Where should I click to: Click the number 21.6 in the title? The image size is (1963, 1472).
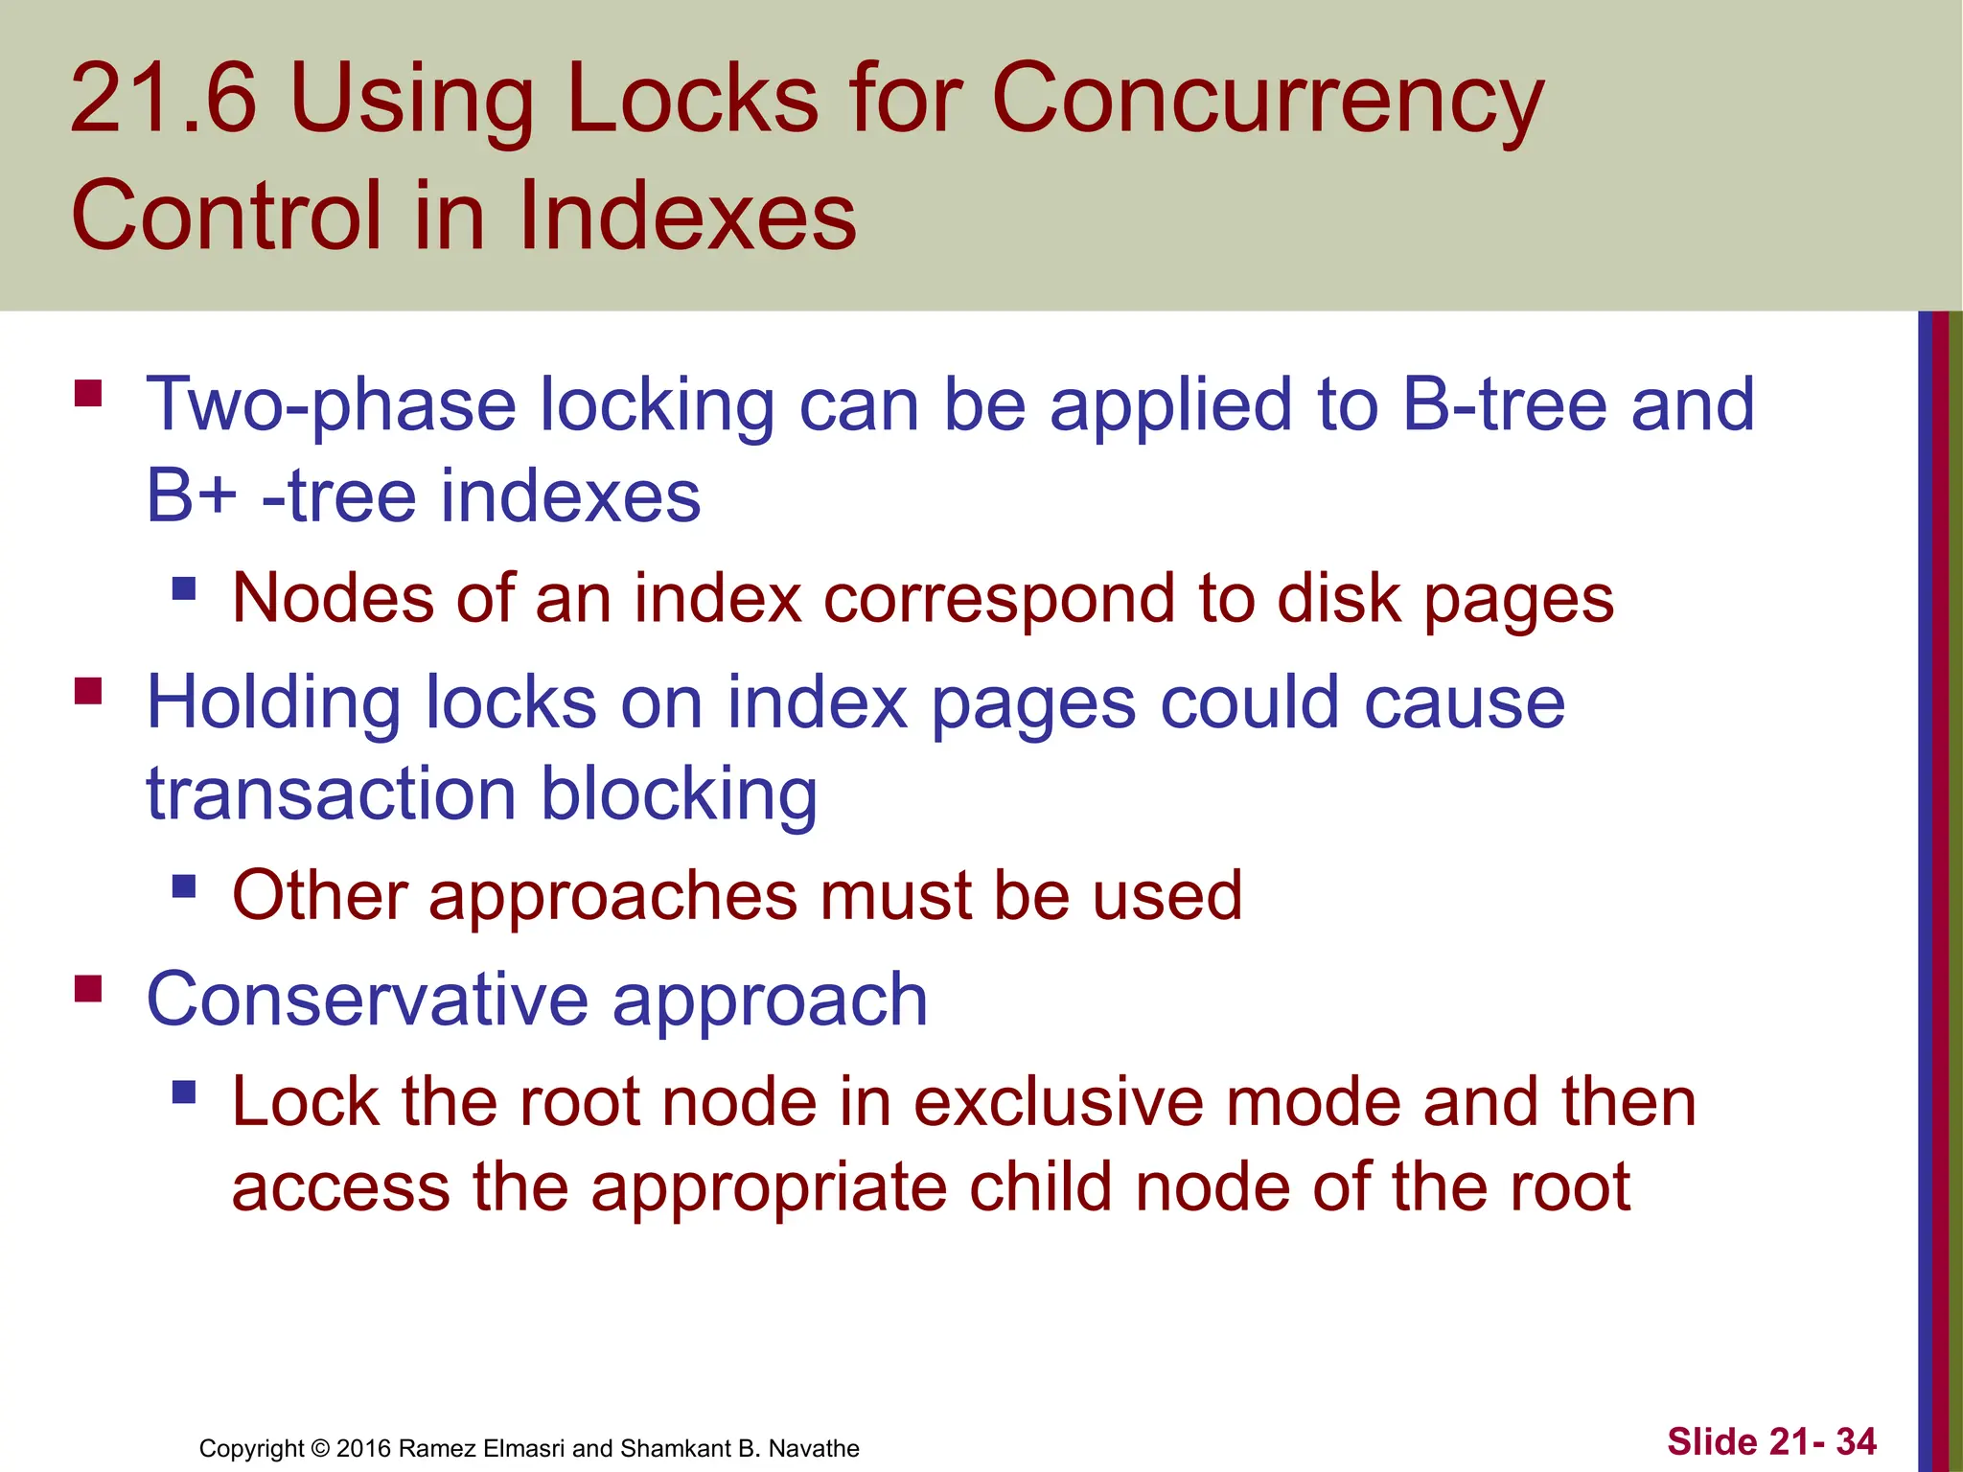[x=164, y=98]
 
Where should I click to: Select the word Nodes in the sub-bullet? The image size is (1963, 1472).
[x=333, y=598]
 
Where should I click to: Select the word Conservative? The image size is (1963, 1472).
[x=367, y=1000]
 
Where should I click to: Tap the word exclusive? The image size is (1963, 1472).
[x=1058, y=1102]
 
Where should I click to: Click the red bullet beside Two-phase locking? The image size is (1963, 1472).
[x=88, y=394]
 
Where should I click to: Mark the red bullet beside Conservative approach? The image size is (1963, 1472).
[x=88, y=988]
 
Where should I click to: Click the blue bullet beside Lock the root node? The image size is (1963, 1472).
[x=184, y=1092]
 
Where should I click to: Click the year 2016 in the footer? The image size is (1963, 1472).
[x=363, y=1448]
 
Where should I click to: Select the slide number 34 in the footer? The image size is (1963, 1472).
[x=1856, y=1441]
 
